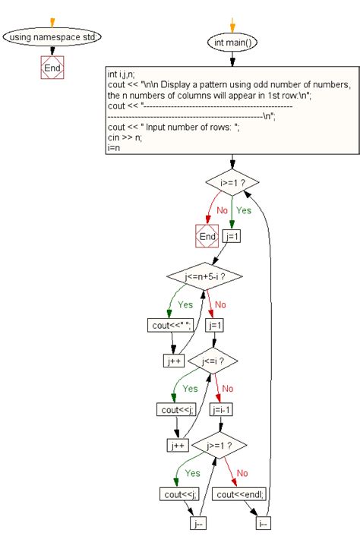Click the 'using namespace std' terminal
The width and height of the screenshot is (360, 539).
pyautogui.click(x=52, y=36)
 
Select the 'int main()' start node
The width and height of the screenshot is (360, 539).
pyautogui.click(x=232, y=43)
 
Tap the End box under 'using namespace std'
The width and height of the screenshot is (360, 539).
pyautogui.click(x=52, y=68)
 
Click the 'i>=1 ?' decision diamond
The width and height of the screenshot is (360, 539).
pyautogui.click(x=232, y=182)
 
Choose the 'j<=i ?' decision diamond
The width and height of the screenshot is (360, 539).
pyautogui.click(x=212, y=361)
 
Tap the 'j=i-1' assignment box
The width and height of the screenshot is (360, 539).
pyautogui.click(x=222, y=410)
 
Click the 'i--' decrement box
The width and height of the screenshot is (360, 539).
pyautogui.click(x=263, y=523)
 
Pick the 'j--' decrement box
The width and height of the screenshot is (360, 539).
pyautogui.click(x=198, y=523)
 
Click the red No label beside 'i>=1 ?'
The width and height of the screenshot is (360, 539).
pyautogui.click(x=223, y=210)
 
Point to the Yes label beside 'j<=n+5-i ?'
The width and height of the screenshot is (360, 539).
pyautogui.click(x=185, y=304)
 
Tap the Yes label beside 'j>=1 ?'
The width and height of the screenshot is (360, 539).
pyautogui.click(x=193, y=472)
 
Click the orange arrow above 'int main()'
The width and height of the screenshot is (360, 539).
pyautogui.click(x=232, y=22)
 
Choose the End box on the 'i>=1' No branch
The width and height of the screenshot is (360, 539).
pyautogui.click(x=207, y=237)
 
